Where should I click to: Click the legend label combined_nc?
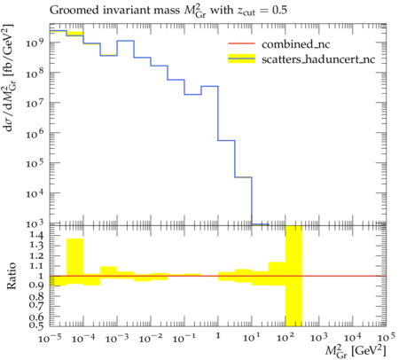[x=295, y=44]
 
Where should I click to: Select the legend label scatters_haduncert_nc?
[x=318, y=59]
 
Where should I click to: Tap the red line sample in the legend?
[x=241, y=43]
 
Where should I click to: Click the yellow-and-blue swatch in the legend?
[x=241, y=59]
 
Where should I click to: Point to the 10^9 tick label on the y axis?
[x=35, y=43]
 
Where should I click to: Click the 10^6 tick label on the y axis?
[x=35, y=134]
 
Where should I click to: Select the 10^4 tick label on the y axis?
[x=35, y=194]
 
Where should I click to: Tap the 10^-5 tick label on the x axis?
[x=50, y=337]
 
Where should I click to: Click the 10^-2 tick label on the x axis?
[x=151, y=337]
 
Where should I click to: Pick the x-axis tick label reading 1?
[x=218, y=335]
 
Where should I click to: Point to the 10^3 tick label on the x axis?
[x=318, y=337]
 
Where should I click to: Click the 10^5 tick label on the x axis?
[x=386, y=337]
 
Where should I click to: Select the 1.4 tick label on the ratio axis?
[x=36, y=236]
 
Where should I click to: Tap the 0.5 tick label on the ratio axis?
[x=36, y=325]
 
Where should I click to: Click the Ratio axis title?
[x=12, y=276]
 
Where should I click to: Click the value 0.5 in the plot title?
[x=279, y=11]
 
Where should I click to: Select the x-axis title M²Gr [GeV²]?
[x=356, y=351]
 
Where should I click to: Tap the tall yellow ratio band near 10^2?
[x=293, y=276]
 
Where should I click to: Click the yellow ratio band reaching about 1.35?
[x=75, y=262]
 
